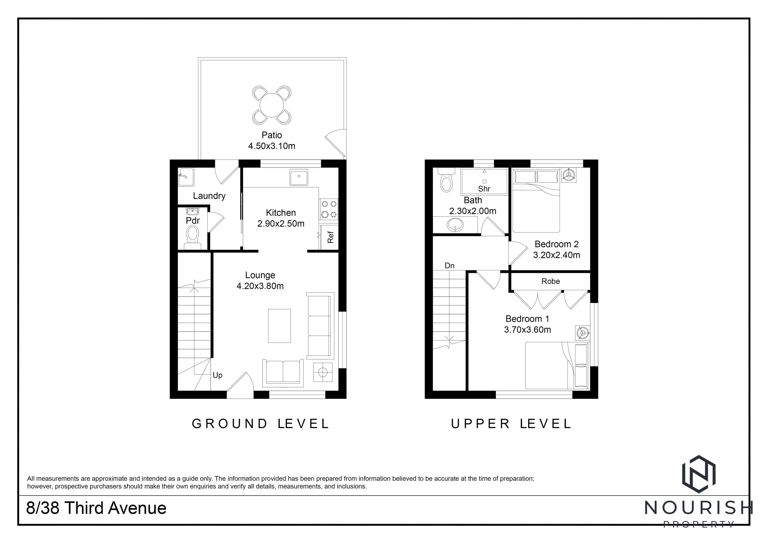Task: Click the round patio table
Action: (x=272, y=105)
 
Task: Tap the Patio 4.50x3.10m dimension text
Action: (x=272, y=146)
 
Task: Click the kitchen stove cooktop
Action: (x=329, y=209)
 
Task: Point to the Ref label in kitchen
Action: (x=330, y=237)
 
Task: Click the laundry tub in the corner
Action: (x=186, y=177)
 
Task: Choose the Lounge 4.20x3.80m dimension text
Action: (x=260, y=286)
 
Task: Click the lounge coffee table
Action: (x=279, y=326)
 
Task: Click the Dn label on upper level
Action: (x=450, y=266)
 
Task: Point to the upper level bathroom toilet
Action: (x=446, y=180)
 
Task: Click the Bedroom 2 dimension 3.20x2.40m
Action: (x=557, y=255)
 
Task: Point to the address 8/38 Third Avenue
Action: (x=96, y=508)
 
